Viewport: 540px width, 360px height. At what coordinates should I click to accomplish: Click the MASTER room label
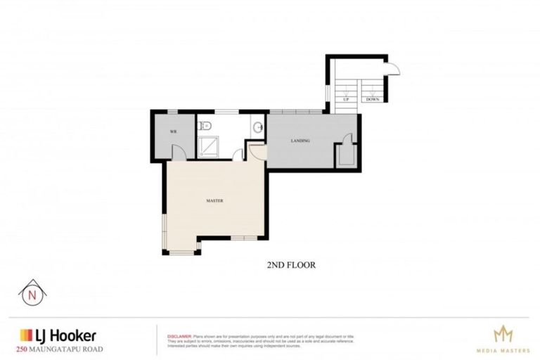214,201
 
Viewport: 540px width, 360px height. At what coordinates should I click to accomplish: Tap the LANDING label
300,141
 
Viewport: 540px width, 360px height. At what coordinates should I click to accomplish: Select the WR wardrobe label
172,132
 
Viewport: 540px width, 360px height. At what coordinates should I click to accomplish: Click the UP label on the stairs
346,100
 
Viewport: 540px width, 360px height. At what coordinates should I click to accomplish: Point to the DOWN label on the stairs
372,100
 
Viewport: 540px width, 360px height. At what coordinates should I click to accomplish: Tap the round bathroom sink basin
259,127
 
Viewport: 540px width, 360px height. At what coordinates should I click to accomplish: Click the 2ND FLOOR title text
290,265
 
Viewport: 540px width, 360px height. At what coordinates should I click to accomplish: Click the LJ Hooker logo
58,335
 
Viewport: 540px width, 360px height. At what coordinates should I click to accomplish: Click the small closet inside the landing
346,153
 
